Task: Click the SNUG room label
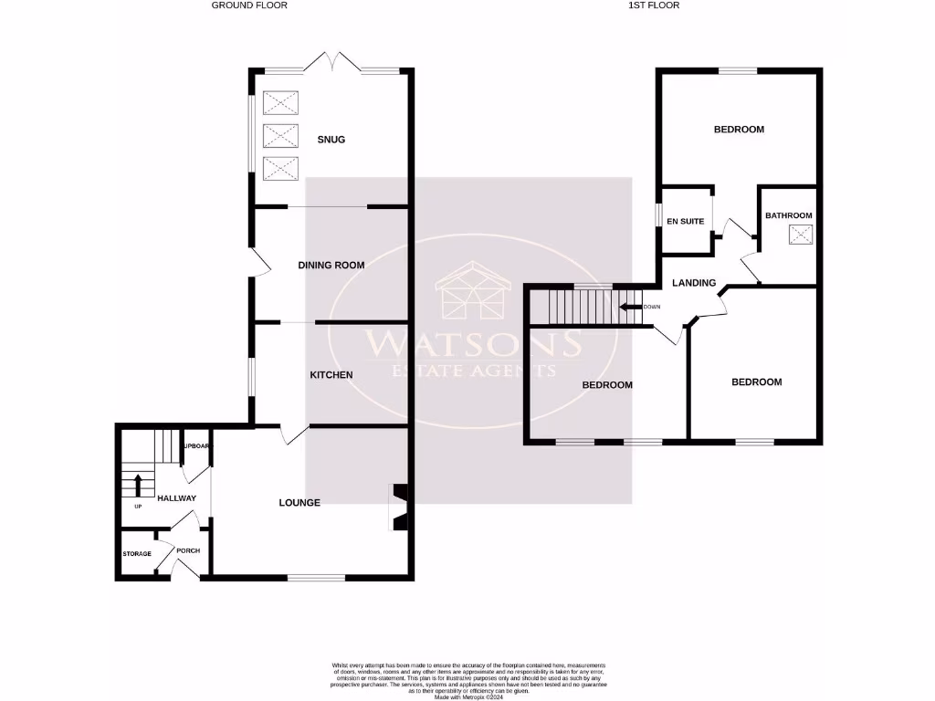pyautogui.click(x=331, y=140)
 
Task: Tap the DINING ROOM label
pyautogui.click(x=331, y=266)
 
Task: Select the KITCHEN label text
pyautogui.click(x=331, y=375)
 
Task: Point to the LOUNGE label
pyautogui.click(x=299, y=502)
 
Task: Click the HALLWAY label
pyautogui.click(x=176, y=498)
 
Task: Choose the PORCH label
pyautogui.click(x=188, y=550)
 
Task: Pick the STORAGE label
pyautogui.click(x=137, y=554)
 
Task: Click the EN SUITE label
pyautogui.click(x=685, y=221)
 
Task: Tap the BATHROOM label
pyautogui.click(x=788, y=215)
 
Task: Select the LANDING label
pyautogui.click(x=694, y=283)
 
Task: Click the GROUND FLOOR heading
pyautogui.click(x=249, y=5)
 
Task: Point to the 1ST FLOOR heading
pyautogui.click(x=654, y=5)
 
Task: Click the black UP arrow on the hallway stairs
pyautogui.click(x=137, y=484)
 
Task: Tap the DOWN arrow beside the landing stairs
pyautogui.click(x=629, y=307)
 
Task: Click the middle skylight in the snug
pyautogui.click(x=280, y=136)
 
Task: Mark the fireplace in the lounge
pyautogui.click(x=398, y=506)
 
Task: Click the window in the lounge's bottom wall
pyautogui.click(x=316, y=577)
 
